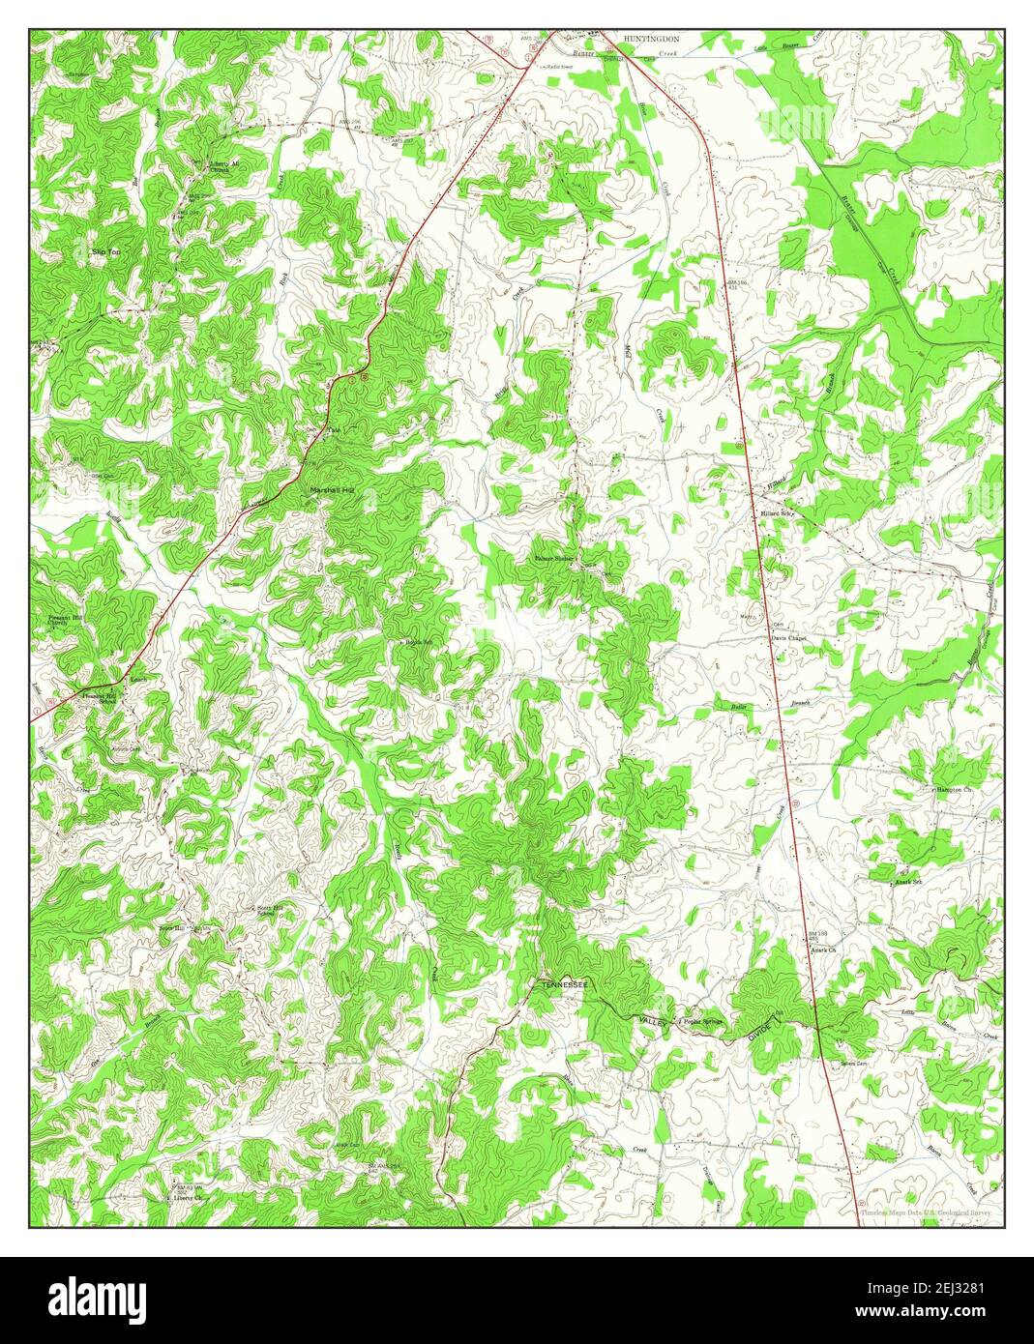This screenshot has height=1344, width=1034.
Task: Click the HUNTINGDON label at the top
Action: (x=651, y=38)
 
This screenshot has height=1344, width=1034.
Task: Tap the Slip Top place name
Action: (x=105, y=251)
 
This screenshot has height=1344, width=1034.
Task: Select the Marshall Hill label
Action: (x=333, y=491)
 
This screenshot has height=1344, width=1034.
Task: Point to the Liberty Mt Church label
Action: (x=223, y=166)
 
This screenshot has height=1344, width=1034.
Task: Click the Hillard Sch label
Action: (x=776, y=513)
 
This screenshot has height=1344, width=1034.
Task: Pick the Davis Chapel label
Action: (x=788, y=638)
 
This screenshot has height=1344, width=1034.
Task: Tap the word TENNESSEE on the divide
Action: (x=565, y=984)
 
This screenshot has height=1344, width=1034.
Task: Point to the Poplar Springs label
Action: (x=702, y=1021)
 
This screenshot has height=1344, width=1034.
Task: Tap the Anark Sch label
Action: (x=910, y=881)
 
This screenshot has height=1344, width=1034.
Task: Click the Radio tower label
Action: (x=561, y=67)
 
